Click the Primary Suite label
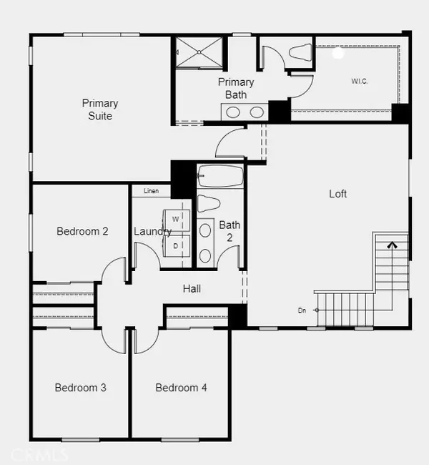(100, 109)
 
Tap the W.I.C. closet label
(360, 82)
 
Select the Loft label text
(337, 194)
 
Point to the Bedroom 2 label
(82, 231)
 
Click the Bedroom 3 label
(81, 388)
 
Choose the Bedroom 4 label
(181, 388)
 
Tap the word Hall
(192, 288)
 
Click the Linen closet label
(151, 191)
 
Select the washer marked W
(177, 220)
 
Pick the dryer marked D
(177, 246)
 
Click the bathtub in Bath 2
(221, 176)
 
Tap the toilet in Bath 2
(209, 203)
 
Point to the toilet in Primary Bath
(300, 52)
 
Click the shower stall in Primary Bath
(199, 52)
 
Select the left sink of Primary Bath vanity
(233, 112)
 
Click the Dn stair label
(302, 310)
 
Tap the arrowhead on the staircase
(393, 245)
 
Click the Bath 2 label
(230, 231)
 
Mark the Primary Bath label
(236, 89)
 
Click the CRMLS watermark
(39, 454)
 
